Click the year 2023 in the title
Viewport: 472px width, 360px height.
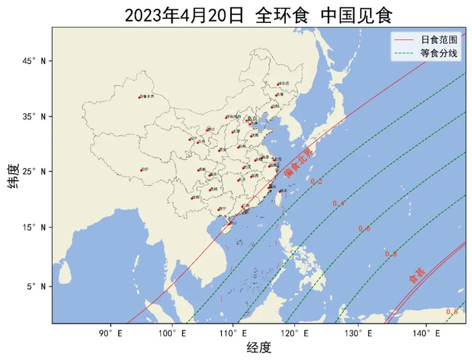point(144,16)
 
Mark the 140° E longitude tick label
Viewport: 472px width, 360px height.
point(423,332)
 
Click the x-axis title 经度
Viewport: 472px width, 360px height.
point(259,347)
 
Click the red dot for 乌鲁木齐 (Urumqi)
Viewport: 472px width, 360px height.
point(140,97)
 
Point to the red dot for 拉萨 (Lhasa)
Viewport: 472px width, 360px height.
point(141,170)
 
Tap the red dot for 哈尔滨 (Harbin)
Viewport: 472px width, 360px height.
point(278,84)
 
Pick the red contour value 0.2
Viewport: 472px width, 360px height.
point(316,182)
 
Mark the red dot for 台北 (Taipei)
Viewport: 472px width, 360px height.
point(280,191)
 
